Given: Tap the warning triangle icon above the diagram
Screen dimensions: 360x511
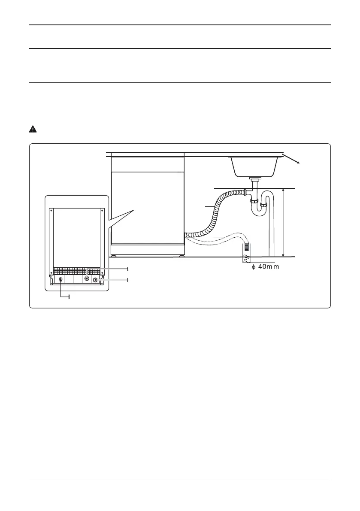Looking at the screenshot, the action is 32,129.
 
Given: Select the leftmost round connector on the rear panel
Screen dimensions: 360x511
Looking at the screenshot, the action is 61,280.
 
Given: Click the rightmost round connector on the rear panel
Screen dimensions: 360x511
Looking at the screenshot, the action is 95,280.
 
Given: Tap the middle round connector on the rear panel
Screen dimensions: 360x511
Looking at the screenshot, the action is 88,278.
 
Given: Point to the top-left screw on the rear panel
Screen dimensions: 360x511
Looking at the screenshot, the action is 51,211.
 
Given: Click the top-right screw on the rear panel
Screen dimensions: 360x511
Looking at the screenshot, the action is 102,211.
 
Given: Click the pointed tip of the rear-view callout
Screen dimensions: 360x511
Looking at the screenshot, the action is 134,210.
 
